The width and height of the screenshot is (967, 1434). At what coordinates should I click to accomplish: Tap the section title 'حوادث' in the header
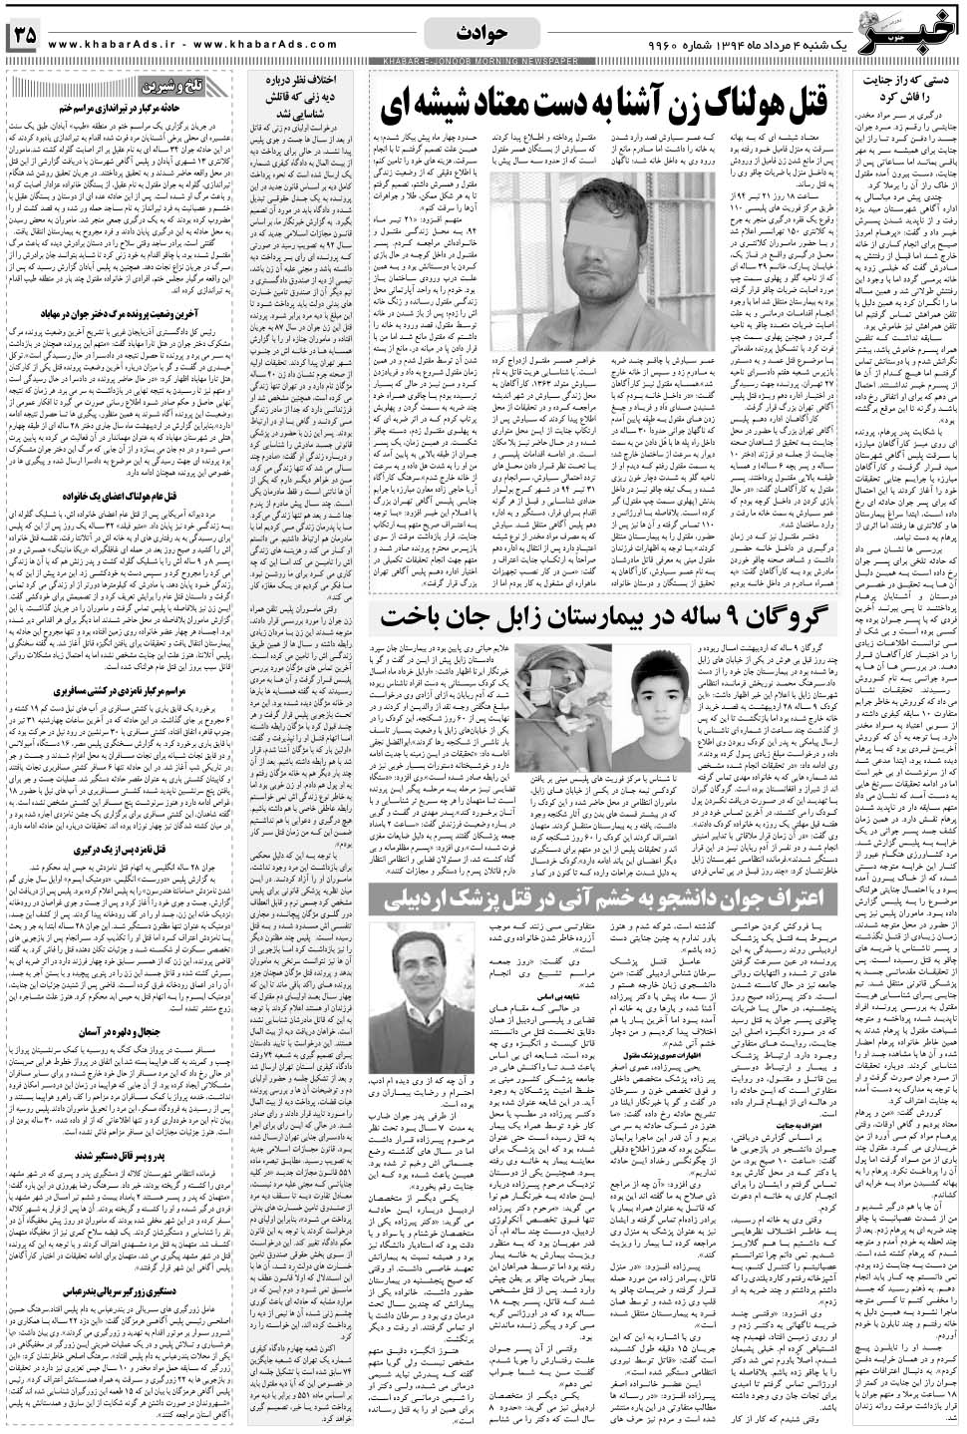[482, 32]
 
